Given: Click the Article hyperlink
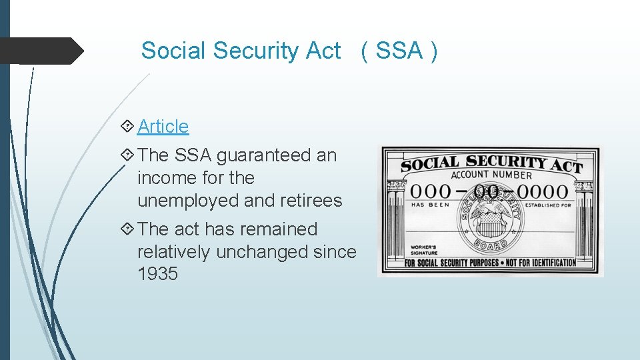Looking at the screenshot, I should click(163, 126).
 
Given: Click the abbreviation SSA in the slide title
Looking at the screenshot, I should click(399, 51).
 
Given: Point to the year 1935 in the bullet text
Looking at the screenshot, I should click(157, 274).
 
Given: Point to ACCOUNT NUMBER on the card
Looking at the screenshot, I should click(491, 175).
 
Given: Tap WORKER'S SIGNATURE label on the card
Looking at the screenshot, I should click(425, 250).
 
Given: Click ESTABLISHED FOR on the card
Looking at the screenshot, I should click(549, 205).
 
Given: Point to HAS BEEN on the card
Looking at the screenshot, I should click(430, 205).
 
